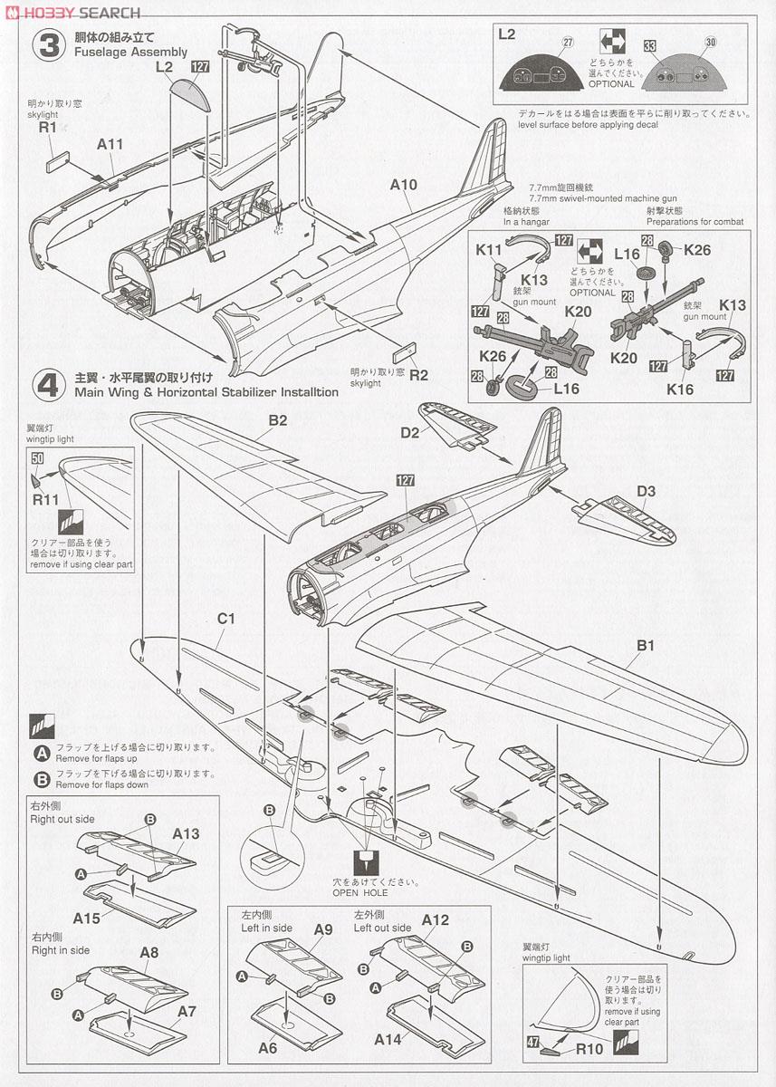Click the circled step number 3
tap(47, 44)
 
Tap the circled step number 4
tap(47, 384)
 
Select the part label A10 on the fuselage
tap(404, 185)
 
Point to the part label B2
tap(277, 420)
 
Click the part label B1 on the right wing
tap(646, 646)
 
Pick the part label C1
tap(225, 619)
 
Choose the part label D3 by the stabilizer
tap(646, 492)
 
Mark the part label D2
tap(409, 432)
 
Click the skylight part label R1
tap(48, 129)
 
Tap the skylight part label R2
tap(418, 374)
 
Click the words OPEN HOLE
tap(366, 892)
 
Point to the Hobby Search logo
tap(72, 12)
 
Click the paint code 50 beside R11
tap(38, 459)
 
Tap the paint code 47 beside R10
tap(532, 1043)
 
